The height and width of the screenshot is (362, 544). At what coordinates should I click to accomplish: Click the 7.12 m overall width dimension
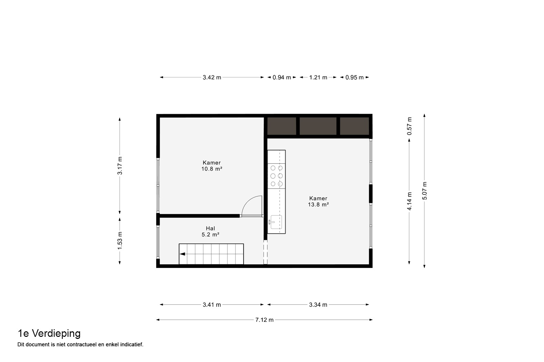pyautogui.click(x=264, y=320)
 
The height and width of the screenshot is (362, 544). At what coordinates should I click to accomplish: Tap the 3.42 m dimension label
pyautogui.click(x=212, y=77)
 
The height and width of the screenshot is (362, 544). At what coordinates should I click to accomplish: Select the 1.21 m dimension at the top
pyautogui.click(x=318, y=77)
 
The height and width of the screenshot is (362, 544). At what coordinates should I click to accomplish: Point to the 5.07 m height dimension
pyautogui.click(x=424, y=191)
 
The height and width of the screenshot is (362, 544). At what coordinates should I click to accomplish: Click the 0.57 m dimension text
pyautogui.click(x=410, y=126)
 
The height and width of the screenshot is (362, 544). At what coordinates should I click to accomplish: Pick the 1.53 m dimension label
pyautogui.click(x=120, y=241)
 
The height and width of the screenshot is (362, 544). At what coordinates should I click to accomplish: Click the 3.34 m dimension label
pyautogui.click(x=318, y=305)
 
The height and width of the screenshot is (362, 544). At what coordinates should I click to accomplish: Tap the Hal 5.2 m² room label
pyautogui.click(x=211, y=232)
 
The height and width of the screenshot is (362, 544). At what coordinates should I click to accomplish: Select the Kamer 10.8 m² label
pyautogui.click(x=212, y=166)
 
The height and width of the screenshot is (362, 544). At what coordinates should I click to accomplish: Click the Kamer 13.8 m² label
pyautogui.click(x=319, y=201)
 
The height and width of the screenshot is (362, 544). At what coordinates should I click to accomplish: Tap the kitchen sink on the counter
pyautogui.click(x=275, y=222)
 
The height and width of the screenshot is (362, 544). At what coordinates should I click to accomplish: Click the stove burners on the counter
pyautogui.click(x=276, y=176)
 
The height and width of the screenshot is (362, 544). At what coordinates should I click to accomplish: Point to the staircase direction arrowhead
pyautogui.click(x=182, y=254)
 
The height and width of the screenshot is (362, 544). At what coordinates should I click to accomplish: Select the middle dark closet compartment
pyautogui.click(x=318, y=126)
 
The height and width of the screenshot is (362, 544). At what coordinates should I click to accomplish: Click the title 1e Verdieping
pyautogui.click(x=49, y=334)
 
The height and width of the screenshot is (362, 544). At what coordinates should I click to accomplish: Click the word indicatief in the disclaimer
pyautogui.click(x=132, y=344)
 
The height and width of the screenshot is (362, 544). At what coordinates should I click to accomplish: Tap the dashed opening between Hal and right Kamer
pyautogui.click(x=265, y=252)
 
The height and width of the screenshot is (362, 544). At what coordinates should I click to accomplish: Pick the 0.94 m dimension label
pyautogui.click(x=282, y=77)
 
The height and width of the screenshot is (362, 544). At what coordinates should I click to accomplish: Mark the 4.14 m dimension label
pyautogui.click(x=410, y=201)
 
